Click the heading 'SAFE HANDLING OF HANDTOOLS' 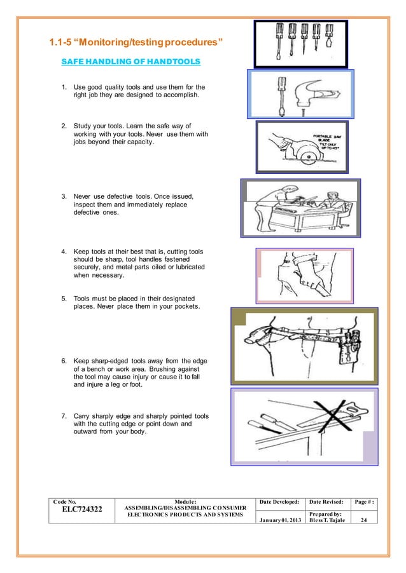pyautogui.click(x=130, y=62)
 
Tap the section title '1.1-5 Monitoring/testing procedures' pyautogui.click(x=137, y=43)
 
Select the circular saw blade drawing pyautogui.click(x=302, y=152)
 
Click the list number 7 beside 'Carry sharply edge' pyautogui.click(x=64, y=415)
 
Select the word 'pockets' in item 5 pyautogui.click(x=184, y=307)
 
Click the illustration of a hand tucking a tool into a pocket pyautogui.click(x=304, y=275)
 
